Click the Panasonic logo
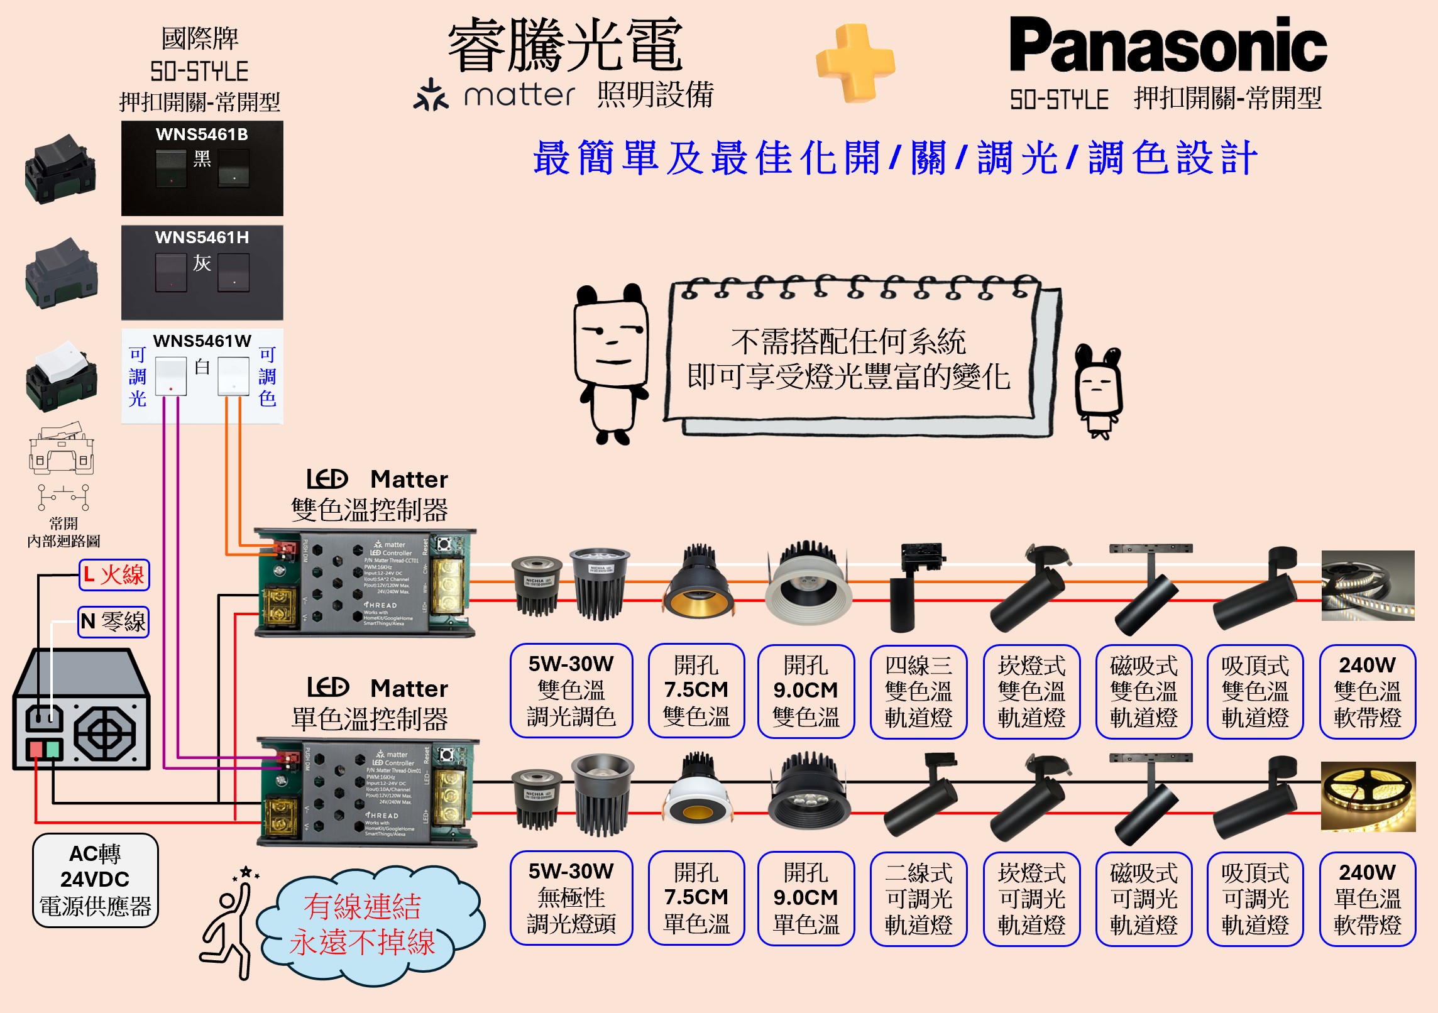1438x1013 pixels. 1168,45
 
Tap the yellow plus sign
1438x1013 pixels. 855,63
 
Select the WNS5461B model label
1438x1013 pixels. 202,134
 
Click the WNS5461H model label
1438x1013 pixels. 202,238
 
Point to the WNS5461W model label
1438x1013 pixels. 202,341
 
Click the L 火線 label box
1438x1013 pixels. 114,575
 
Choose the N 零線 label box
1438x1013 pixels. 114,622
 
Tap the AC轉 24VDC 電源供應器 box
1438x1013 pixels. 96,880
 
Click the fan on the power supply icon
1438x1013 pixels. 104,733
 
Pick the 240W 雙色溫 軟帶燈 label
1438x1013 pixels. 1367,691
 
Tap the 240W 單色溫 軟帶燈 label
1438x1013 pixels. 1367,899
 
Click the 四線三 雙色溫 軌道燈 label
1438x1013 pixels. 918,691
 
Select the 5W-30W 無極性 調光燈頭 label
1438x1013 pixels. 571,898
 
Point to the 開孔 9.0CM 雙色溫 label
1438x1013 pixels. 806,691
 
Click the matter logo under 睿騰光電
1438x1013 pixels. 494,96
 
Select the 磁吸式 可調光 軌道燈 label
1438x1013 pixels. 1143,899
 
